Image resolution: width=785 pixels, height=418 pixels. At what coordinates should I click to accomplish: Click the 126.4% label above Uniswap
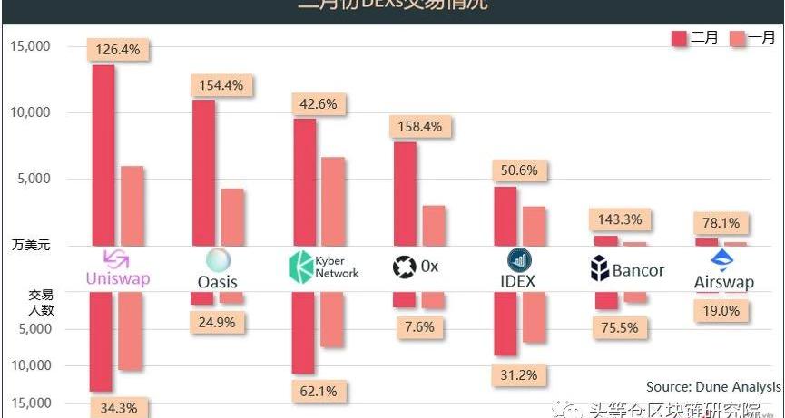(118, 50)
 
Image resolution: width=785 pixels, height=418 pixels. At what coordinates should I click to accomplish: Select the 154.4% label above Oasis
(221, 85)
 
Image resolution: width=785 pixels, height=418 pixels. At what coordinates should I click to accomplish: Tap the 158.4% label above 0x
(419, 127)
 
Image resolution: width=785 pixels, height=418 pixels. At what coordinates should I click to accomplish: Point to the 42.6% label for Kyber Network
(318, 104)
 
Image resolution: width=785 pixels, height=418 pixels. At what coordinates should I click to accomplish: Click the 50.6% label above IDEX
(519, 170)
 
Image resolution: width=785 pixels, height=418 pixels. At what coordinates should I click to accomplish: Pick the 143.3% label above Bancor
(620, 219)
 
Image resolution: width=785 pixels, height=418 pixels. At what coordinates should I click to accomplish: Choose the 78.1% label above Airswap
(721, 222)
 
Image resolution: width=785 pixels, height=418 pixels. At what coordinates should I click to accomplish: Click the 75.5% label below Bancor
(620, 327)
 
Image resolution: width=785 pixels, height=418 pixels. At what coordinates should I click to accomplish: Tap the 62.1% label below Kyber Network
(318, 392)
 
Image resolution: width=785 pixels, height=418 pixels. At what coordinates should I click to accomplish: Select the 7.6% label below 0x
(418, 326)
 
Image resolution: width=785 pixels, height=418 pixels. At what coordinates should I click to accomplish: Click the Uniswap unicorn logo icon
(117, 258)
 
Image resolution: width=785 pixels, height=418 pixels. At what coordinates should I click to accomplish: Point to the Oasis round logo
(218, 260)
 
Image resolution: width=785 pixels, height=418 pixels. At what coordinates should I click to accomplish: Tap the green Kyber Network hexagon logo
(299, 267)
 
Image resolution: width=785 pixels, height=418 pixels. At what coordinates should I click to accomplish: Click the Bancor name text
(638, 270)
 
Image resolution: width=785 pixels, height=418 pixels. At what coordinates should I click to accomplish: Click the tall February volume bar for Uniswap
(103, 154)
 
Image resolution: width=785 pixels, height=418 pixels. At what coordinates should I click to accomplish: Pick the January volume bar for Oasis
(233, 217)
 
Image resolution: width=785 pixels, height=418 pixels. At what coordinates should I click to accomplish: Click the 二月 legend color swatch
(680, 38)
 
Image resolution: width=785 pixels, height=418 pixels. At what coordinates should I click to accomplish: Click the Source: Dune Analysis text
(712, 386)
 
